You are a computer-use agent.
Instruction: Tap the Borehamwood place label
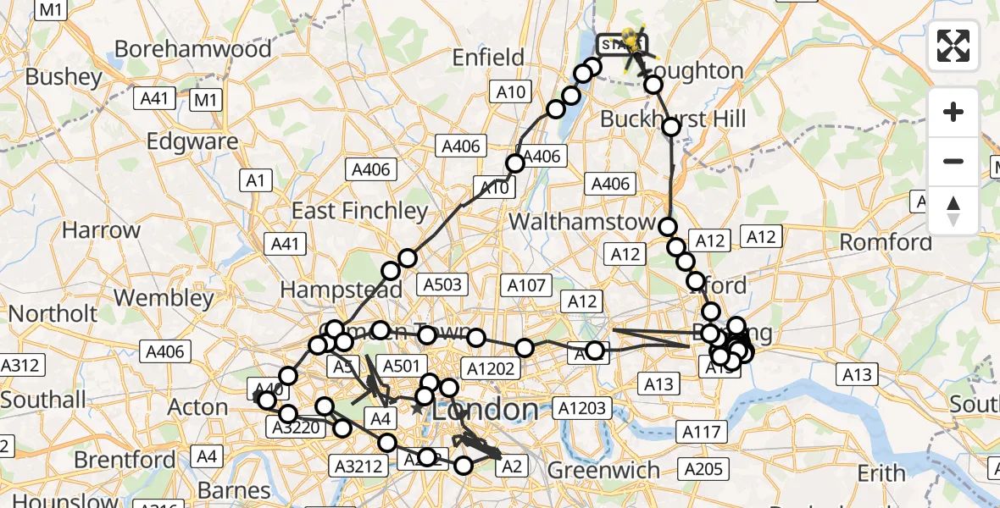tap(193, 49)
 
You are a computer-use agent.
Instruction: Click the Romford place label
tap(886, 243)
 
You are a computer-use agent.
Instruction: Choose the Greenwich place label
tap(603, 470)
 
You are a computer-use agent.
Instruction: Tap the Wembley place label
tap(164, 298)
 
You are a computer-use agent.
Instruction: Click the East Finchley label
tap(360, 211)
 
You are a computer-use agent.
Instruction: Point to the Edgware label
tap(192, 141)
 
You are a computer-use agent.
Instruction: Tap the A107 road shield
tap(525, 285)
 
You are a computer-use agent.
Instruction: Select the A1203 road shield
tap(582, 409)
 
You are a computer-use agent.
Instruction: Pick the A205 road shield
tap(702, 469)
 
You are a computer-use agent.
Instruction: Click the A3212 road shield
tap(358, 465)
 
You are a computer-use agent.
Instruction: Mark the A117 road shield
tap(702, 433)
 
